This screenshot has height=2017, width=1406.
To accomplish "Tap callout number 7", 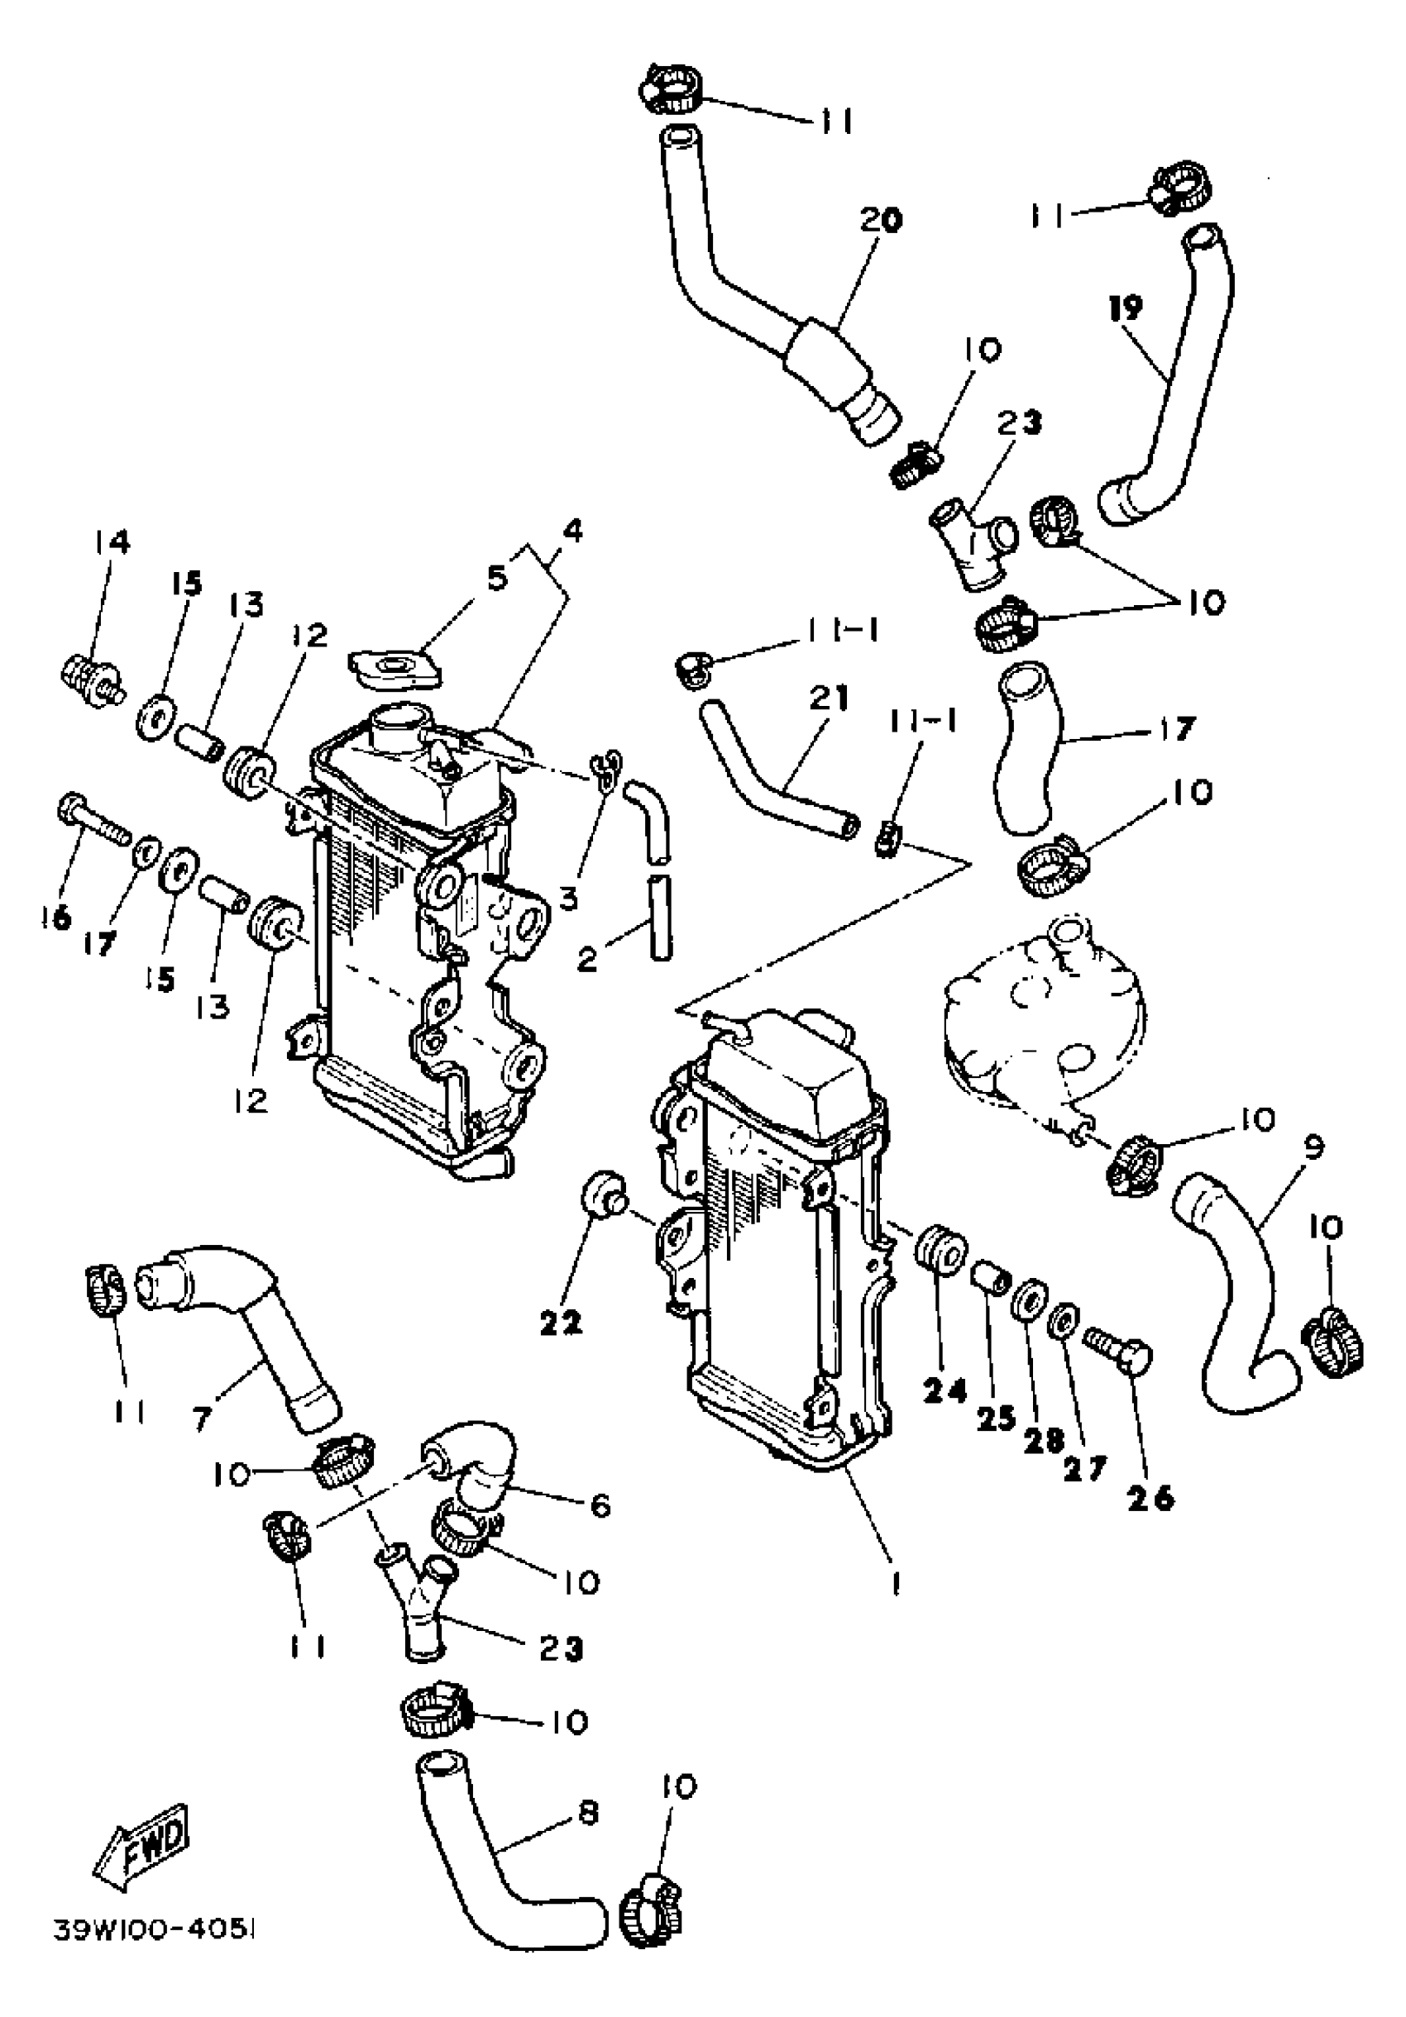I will click(x=203, y=1419).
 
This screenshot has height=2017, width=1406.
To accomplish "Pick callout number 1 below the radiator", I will click(x=895, y=1582).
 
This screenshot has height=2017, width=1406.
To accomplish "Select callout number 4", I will click(x=572, y=531).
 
